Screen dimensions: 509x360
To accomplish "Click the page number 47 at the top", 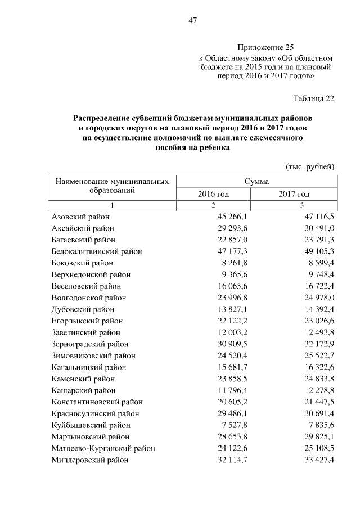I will pyautogui.click(x=191, y=21).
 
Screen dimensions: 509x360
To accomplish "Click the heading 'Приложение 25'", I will pyautogui.click(x=265, y=48).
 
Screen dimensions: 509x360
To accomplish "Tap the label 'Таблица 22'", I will pyautogui.click(x=314, y=98).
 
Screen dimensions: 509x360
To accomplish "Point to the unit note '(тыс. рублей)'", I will pyautogui.click(x=310, y=166).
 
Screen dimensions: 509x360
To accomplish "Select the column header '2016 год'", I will pyautogui.click(x=213, y=194).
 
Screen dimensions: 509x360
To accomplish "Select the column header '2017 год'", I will pyautogui.click(x=294, y=194).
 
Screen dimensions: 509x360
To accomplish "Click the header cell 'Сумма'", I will pyautogui.click(x=256, y=182).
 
